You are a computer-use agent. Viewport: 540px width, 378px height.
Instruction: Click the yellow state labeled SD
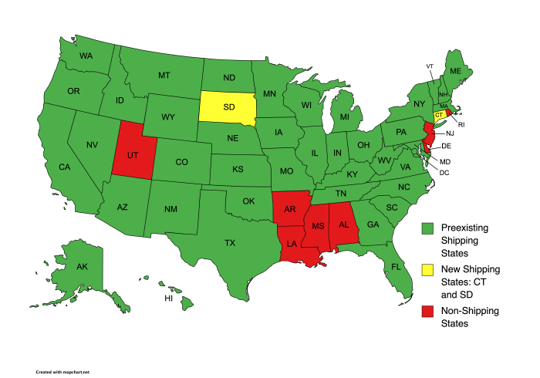point(228,108)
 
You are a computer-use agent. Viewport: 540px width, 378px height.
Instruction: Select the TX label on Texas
point(230,242)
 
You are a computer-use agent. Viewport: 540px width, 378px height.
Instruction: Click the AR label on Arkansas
point(291,209)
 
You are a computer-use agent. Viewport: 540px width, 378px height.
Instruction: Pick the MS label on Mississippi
point(318,225)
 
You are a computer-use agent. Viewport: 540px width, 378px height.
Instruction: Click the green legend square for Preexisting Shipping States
point(427,229)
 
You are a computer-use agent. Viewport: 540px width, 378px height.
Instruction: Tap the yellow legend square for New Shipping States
point(427,269)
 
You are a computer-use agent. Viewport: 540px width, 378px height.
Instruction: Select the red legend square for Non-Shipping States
point(427,311)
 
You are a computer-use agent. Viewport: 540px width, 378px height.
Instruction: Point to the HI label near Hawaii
point(168,298)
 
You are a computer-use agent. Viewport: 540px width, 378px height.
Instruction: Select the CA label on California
point(65,167)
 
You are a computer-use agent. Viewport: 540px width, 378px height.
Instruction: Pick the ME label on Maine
point(455,71)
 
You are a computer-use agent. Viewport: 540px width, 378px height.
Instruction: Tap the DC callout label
point(444,172)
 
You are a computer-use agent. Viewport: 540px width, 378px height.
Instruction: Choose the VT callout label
point(430,66)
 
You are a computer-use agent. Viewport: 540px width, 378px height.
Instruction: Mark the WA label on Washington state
point(86,56)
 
